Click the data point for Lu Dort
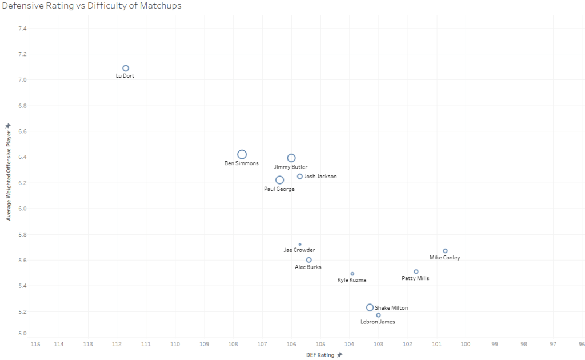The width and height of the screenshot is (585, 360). point(126,69)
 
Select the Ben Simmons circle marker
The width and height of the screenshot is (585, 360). point(242,154)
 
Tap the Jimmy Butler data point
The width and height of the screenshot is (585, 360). point(291,158)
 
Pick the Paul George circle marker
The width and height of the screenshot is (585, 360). point(279,180)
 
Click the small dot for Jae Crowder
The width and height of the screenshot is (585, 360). point(300,245)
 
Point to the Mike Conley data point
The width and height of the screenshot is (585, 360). point(445,251)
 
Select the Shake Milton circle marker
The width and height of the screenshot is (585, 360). point(370,307)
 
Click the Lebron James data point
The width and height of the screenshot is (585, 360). point(378,315)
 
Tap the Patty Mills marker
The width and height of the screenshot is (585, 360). point(416,271)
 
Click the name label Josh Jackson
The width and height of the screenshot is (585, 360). point(320,177)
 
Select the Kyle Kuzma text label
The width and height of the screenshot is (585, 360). point(352,280)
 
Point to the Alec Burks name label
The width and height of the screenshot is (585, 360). point(308,267)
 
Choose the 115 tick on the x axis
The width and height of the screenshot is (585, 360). point(35,344)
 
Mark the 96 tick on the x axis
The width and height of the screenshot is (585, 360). point(581,344)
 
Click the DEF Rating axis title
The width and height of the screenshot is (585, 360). point(320,355)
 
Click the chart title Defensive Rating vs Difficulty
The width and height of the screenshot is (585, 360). point(92,6)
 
